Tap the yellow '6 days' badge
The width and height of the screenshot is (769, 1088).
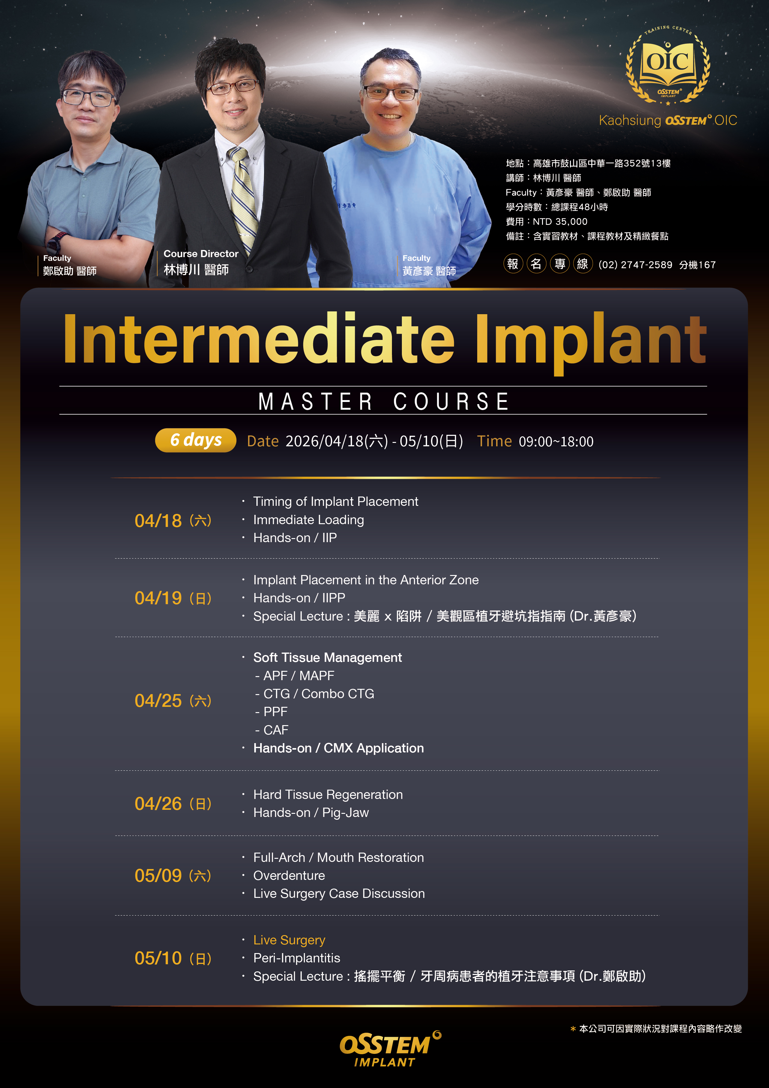pyautogui.click(x=196, y=440)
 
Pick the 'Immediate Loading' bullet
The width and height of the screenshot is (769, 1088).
pyautogui.click(x=309, y=520)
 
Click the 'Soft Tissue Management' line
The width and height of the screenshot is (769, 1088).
pyautogui.click(x=327, y=657)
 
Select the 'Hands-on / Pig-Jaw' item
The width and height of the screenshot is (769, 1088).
pyautogui.click(x=311, y=813)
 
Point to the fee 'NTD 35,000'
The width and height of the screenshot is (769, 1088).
pyautogui.click(x=560, y=222)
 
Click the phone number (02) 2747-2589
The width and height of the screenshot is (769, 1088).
pyautogui.click(x=635, y=265)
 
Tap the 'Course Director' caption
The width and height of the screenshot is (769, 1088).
pyautogui.click(x=201, y=253)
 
